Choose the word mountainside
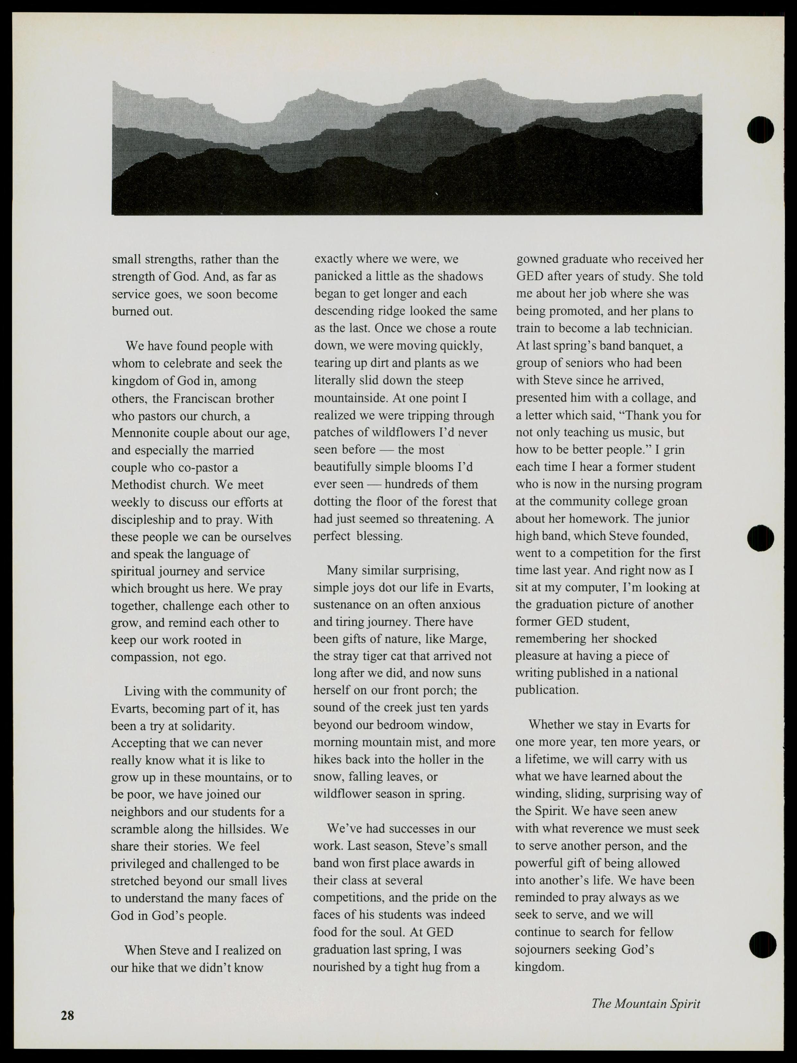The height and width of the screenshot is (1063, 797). pos(351,398)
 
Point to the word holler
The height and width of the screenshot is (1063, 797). pos(435,759)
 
